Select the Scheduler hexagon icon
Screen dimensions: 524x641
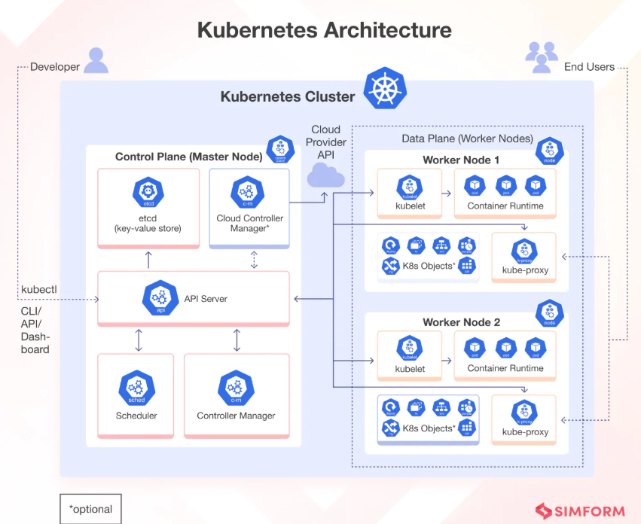136,387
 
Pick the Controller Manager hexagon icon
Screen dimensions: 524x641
236,387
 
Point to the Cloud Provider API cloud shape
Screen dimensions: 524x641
325,176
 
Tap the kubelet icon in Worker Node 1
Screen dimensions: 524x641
410,186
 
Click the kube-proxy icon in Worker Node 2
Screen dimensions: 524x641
525,412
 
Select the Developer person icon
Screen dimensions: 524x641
96,61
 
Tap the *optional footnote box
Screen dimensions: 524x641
90,509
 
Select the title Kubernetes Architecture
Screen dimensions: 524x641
325,30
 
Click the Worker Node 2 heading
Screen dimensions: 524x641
461,322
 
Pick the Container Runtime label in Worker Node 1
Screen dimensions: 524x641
505,206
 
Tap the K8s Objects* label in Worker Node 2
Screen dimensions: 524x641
429,428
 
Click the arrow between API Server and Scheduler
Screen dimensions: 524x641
138,340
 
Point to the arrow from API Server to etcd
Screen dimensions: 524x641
148,260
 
